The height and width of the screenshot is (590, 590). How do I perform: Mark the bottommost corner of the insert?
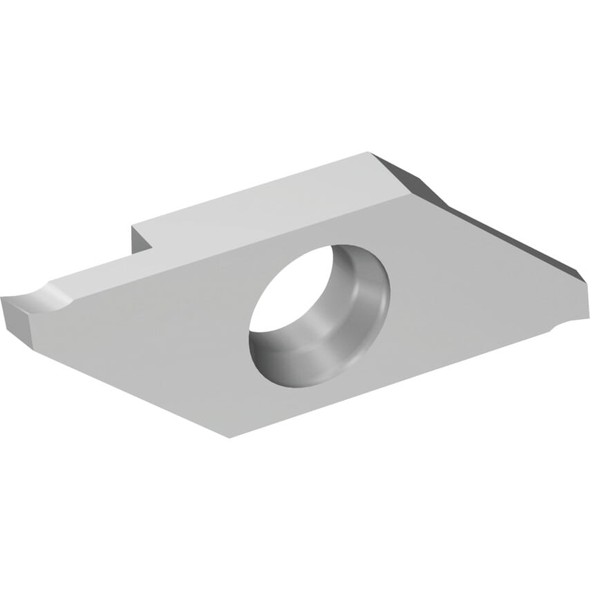click(229, 437)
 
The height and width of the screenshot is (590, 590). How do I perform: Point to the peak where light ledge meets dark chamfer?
click(371, 153)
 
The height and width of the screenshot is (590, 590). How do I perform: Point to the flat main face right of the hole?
click(470, 290)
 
